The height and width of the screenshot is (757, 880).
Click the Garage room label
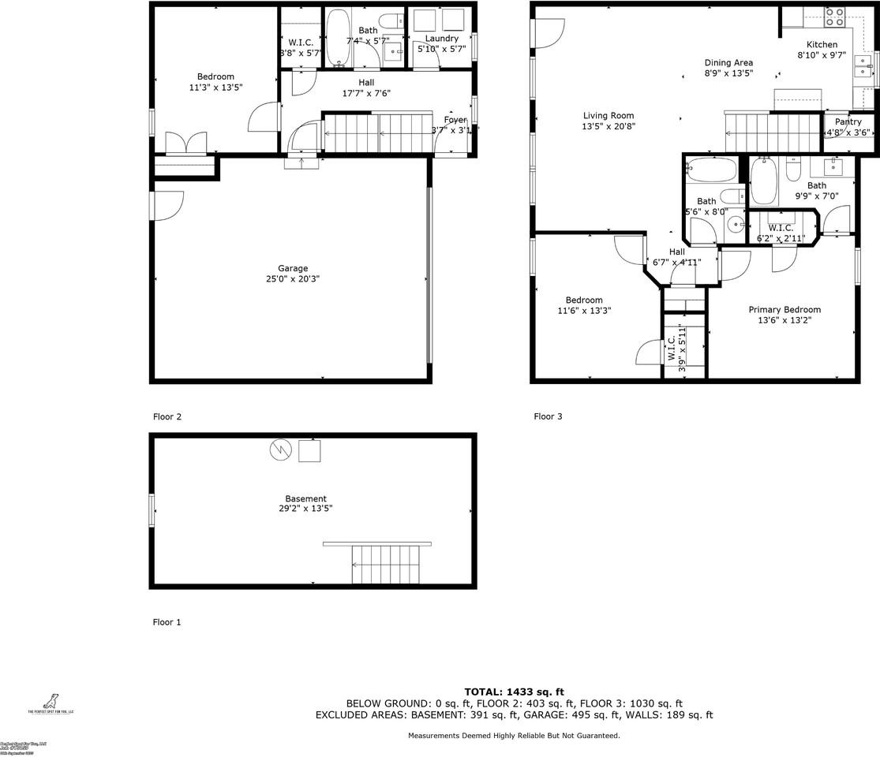coord(292,268)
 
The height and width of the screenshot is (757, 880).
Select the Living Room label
coord(608,116)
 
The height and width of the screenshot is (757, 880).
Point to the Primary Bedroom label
coord(784,310)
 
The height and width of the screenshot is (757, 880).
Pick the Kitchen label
coord(821,45)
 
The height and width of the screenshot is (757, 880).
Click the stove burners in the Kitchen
coord(834,17)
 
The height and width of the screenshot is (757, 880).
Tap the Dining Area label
coord(728,62)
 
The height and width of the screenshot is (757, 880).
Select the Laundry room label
coord(441,39)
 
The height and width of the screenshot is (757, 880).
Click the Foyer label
coord(455,120)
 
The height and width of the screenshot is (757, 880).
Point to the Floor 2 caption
coord(167,416)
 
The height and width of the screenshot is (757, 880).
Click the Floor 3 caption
coord(548,416)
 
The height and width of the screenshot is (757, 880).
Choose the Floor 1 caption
coord(167,622)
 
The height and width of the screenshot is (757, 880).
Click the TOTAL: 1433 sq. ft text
coord(514,692)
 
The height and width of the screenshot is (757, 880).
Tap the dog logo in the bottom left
coord(51,700)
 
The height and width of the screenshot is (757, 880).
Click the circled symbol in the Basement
coord(280,450)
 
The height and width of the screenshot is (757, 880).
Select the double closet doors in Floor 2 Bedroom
coord(186,144)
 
